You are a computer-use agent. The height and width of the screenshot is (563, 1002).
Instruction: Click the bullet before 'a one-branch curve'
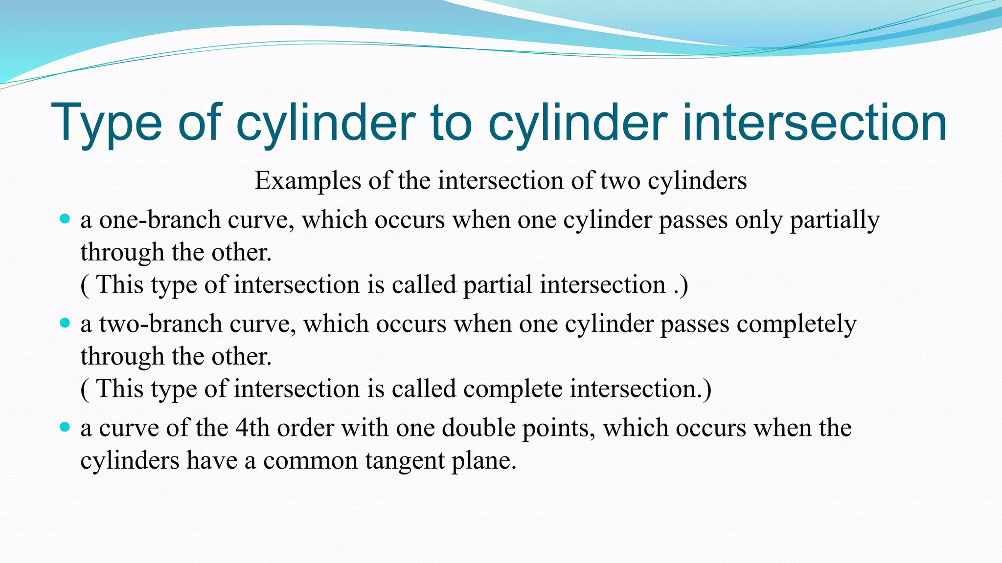click(65, 219)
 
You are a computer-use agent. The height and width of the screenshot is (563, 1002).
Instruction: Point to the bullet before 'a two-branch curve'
click(65, 323)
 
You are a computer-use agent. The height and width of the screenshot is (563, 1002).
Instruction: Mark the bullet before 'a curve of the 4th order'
click(65, 427)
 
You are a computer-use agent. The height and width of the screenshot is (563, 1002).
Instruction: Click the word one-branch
click(159, 220)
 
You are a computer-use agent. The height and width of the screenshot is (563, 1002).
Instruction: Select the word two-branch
click(160, 324)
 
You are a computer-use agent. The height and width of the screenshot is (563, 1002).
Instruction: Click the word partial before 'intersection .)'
click(497, 285)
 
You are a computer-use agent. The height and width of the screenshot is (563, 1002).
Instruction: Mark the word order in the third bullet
click(305, 428)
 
